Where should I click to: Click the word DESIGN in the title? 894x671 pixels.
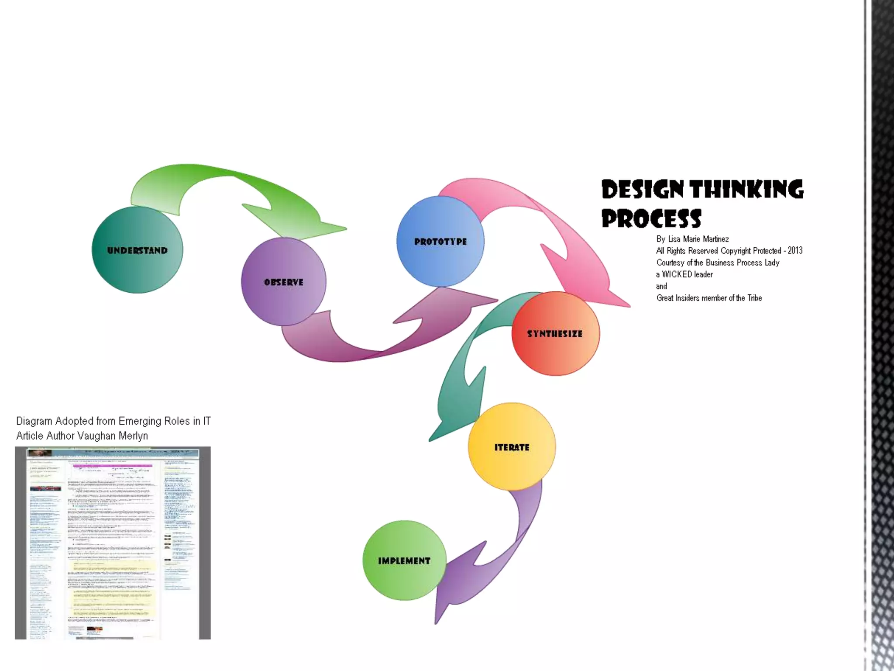pyautogui.click(x=642, y=190)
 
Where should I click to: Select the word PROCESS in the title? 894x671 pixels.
pyautogui.click(x=651, y=218)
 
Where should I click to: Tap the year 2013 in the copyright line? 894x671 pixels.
pyautogui.click(x=795, y=251)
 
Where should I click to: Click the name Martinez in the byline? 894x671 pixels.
pyautogui.click(x=715, y=239)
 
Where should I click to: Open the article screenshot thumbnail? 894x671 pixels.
pyautogui.click(x=113, y=543)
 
